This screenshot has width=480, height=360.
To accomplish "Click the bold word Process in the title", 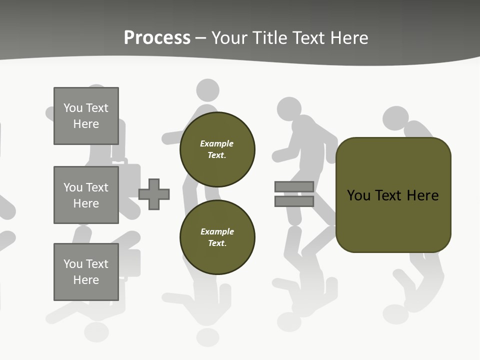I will (157, 38).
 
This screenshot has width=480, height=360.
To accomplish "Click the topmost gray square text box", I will (86, 116).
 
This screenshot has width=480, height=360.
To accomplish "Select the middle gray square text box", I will (86, 195).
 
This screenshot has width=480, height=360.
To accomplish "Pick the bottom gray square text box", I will (86, 272).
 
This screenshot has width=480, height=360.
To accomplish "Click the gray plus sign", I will (154, 194).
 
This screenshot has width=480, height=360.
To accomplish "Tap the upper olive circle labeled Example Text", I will (217, 149).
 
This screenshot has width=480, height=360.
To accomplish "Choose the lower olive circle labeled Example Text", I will (217, 237).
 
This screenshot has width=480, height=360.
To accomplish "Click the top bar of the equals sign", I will (294, 186).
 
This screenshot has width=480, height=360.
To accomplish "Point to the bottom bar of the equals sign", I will (294, 201).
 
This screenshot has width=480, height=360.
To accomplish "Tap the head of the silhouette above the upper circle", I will (207, 90).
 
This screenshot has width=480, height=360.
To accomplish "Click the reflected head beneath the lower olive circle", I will (207, 336).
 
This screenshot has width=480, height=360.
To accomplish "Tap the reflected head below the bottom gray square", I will (96, 331).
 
